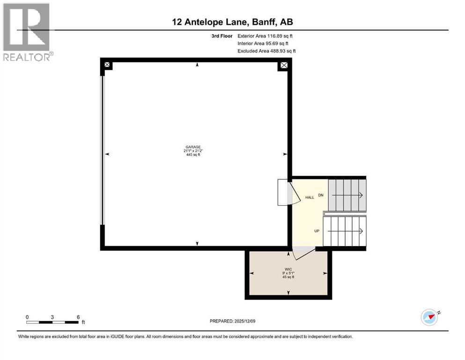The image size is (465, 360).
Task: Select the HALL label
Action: pyautogui.click(x=310, y=197)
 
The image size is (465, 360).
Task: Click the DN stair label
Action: pyautogui.click(x=321, y=195)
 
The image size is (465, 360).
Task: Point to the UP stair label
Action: pyautogui.click(x=317, y=231)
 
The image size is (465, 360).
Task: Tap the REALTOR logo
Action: pyautogui.click(x=27, y=32)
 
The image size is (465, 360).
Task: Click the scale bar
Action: pyautogui.click(x=52, y=322)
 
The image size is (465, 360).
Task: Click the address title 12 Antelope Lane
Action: pyautogui.click(x=232, y=22)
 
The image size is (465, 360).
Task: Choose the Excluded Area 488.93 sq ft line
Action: pyautogui.click(x=266, y=51)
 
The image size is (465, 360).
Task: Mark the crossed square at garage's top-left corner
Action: pyautogui.click(x=107, y=65)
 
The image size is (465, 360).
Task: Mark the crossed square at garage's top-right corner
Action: pyautogui.click(x=283, y=65)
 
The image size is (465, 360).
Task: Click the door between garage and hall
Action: pyautogui.click(x=288, y=192)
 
